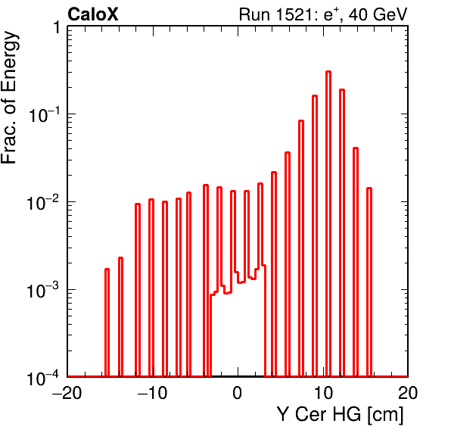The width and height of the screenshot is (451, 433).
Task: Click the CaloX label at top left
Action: click(92, 14)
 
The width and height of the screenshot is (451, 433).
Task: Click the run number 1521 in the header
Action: click(294, 14)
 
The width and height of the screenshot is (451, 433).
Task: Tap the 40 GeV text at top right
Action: click(378, 14)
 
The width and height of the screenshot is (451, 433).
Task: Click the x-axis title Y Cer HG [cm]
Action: click(341, 414)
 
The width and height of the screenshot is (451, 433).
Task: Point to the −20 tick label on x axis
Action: click(67, 392)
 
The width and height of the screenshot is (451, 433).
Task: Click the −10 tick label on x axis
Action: click(152, 392)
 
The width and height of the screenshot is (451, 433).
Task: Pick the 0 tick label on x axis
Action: click(238, 392)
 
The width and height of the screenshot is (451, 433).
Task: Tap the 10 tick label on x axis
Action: click(323, 392)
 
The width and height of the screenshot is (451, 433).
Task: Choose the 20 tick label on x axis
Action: click(408, 392)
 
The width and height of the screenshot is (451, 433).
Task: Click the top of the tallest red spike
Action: click(328, 72)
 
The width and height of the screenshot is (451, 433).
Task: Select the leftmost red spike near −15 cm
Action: click(107, 322)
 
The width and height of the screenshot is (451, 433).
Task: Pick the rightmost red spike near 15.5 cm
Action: click(369, 282)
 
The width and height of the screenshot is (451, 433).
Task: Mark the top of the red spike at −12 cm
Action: click(138, 204)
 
